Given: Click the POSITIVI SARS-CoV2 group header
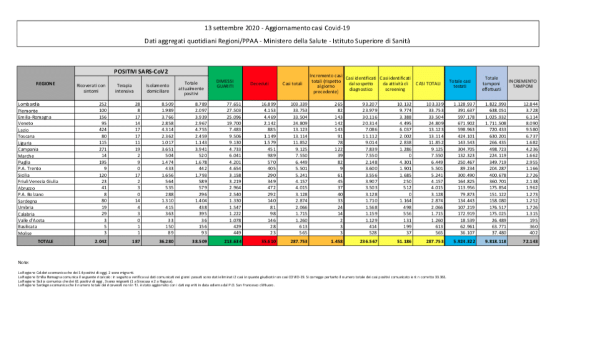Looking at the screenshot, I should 142,72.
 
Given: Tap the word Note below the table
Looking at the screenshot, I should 23,262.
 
